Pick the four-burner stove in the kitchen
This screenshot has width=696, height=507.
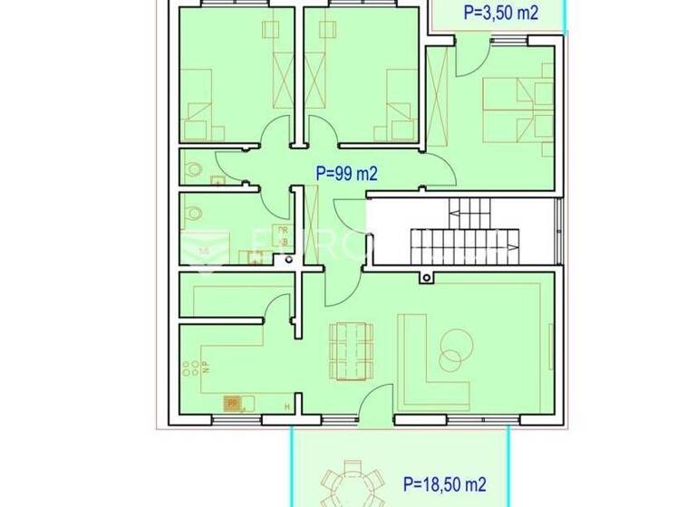click(191, 368)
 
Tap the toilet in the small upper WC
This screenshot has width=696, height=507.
click(192, 167)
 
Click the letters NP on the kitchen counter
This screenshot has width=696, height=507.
click(206, 367)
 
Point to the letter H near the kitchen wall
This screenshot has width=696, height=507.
click(287, 407)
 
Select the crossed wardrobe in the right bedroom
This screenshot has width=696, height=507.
click(439, 99)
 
